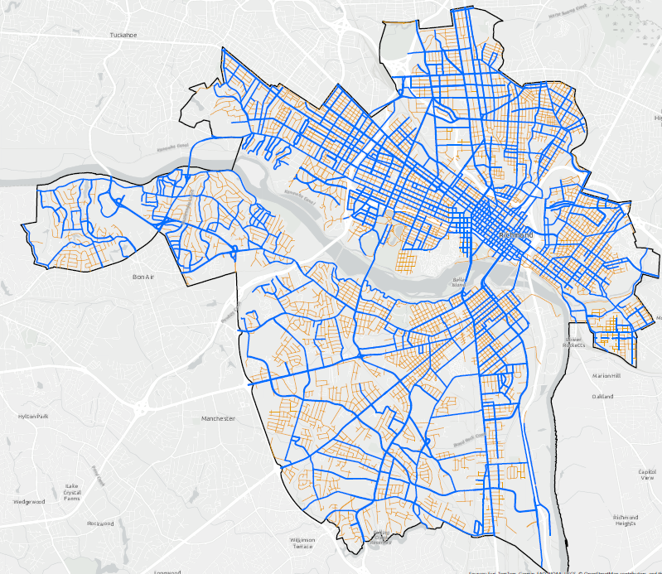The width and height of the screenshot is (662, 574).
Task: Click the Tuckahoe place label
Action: (123, 36)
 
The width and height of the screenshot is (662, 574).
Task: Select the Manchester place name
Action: (219, 419)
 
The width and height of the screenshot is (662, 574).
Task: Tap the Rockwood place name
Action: (99, 523)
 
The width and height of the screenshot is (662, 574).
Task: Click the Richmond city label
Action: (516, 236)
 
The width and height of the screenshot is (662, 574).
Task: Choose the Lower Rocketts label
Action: (574, 342)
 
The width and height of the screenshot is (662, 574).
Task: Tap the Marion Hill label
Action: (606, 376)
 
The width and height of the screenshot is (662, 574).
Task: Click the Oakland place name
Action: (602, 397)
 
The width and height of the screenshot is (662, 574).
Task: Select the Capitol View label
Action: (646, 475)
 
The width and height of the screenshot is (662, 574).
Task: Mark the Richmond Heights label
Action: (626, 519)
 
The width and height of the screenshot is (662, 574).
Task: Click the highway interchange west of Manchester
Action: (138, 408)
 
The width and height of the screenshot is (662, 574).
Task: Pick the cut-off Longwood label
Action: (167, 571)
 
